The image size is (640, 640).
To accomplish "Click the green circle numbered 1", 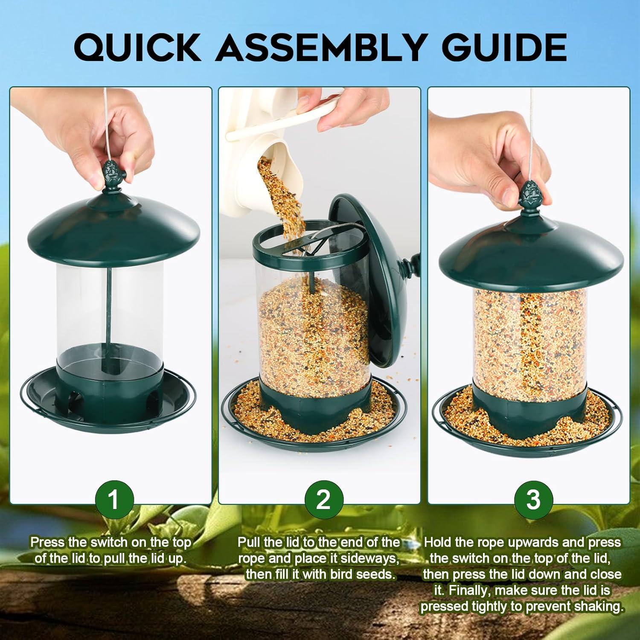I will click(113, 499).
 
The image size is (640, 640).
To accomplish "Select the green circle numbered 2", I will click(323, 499).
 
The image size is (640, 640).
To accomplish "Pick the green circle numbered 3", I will click(533, 499).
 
